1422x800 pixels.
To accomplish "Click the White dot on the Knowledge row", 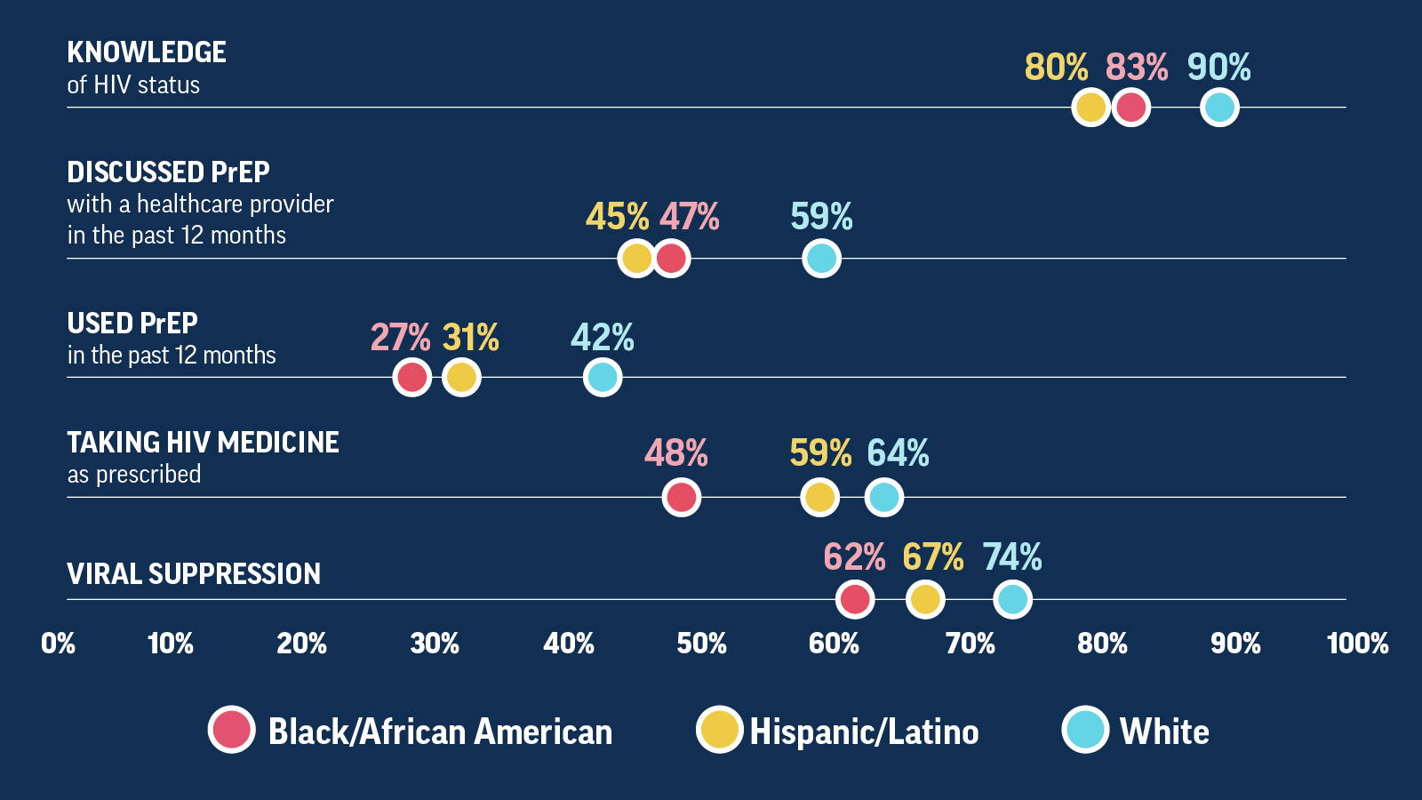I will pos(1219,108).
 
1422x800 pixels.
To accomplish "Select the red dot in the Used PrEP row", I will pos(412,377).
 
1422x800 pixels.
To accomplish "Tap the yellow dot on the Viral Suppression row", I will pos(924,599).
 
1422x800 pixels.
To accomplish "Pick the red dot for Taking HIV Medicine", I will pos(682,497).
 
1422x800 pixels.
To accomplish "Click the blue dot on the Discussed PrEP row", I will pos(821,259).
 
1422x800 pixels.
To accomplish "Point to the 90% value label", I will pos(1218,68).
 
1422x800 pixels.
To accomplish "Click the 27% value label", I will pos(400,338).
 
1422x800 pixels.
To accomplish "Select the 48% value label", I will pos(675,453).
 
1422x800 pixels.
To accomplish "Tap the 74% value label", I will pos(1011,557).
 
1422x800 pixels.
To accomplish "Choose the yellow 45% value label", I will pos(617,217).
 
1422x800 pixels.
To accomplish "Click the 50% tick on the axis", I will pos(701,644).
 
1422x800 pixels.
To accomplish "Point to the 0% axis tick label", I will pos(59,644).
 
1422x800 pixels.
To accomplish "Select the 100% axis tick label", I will pos(1356,644).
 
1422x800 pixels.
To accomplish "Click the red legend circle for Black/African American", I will pos(232,730).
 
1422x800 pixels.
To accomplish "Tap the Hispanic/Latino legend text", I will pos(864,732).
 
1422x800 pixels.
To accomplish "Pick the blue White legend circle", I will pos(1085,730).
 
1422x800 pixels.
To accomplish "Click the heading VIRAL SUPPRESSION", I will pos(194,574).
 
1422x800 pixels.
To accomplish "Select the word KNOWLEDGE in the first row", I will pos(147,52).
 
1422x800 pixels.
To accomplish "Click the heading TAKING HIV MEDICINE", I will pos(203,443).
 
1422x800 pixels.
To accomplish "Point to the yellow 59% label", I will pos(819,453).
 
